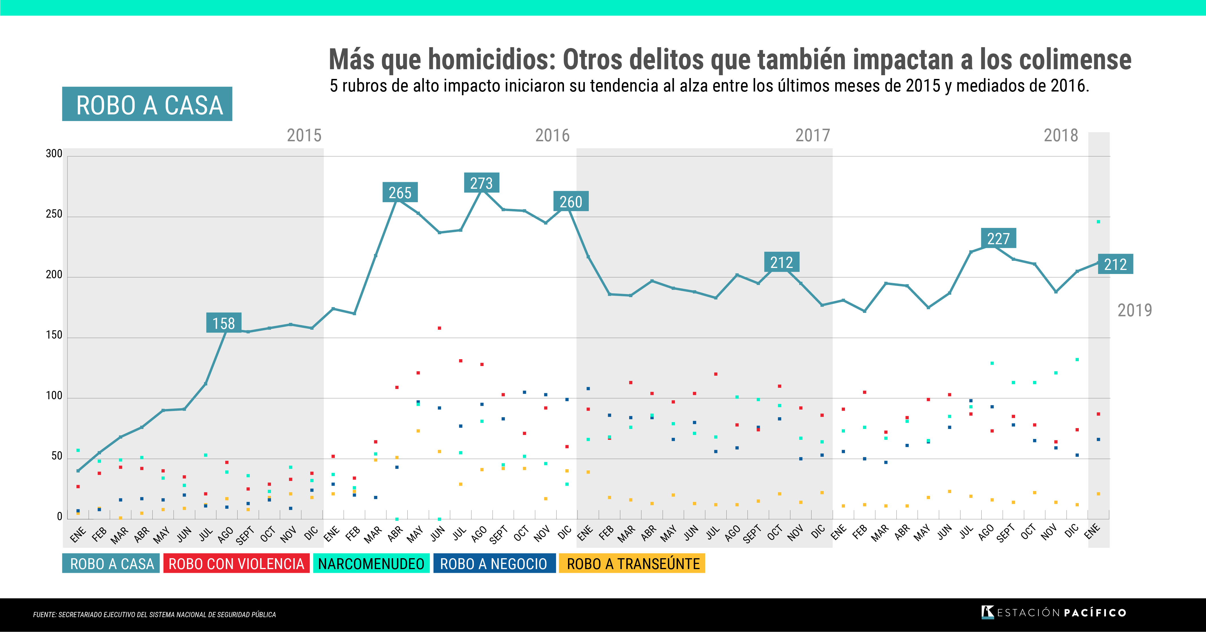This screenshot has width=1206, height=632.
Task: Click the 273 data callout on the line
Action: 481,183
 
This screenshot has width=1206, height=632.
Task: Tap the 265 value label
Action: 400,192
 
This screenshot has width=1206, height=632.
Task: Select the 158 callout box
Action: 224,323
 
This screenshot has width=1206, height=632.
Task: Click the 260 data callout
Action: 571,201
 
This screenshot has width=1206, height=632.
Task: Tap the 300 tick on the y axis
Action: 54,154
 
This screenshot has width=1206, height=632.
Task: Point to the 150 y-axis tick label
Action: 54,335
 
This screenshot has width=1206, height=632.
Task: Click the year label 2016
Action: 553,135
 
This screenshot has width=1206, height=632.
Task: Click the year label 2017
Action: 813,135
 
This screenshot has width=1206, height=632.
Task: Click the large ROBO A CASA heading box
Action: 147,104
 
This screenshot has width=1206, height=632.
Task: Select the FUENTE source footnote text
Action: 154,615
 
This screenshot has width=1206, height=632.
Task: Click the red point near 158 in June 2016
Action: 439,328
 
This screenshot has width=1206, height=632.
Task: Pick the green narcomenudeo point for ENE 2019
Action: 1098,222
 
